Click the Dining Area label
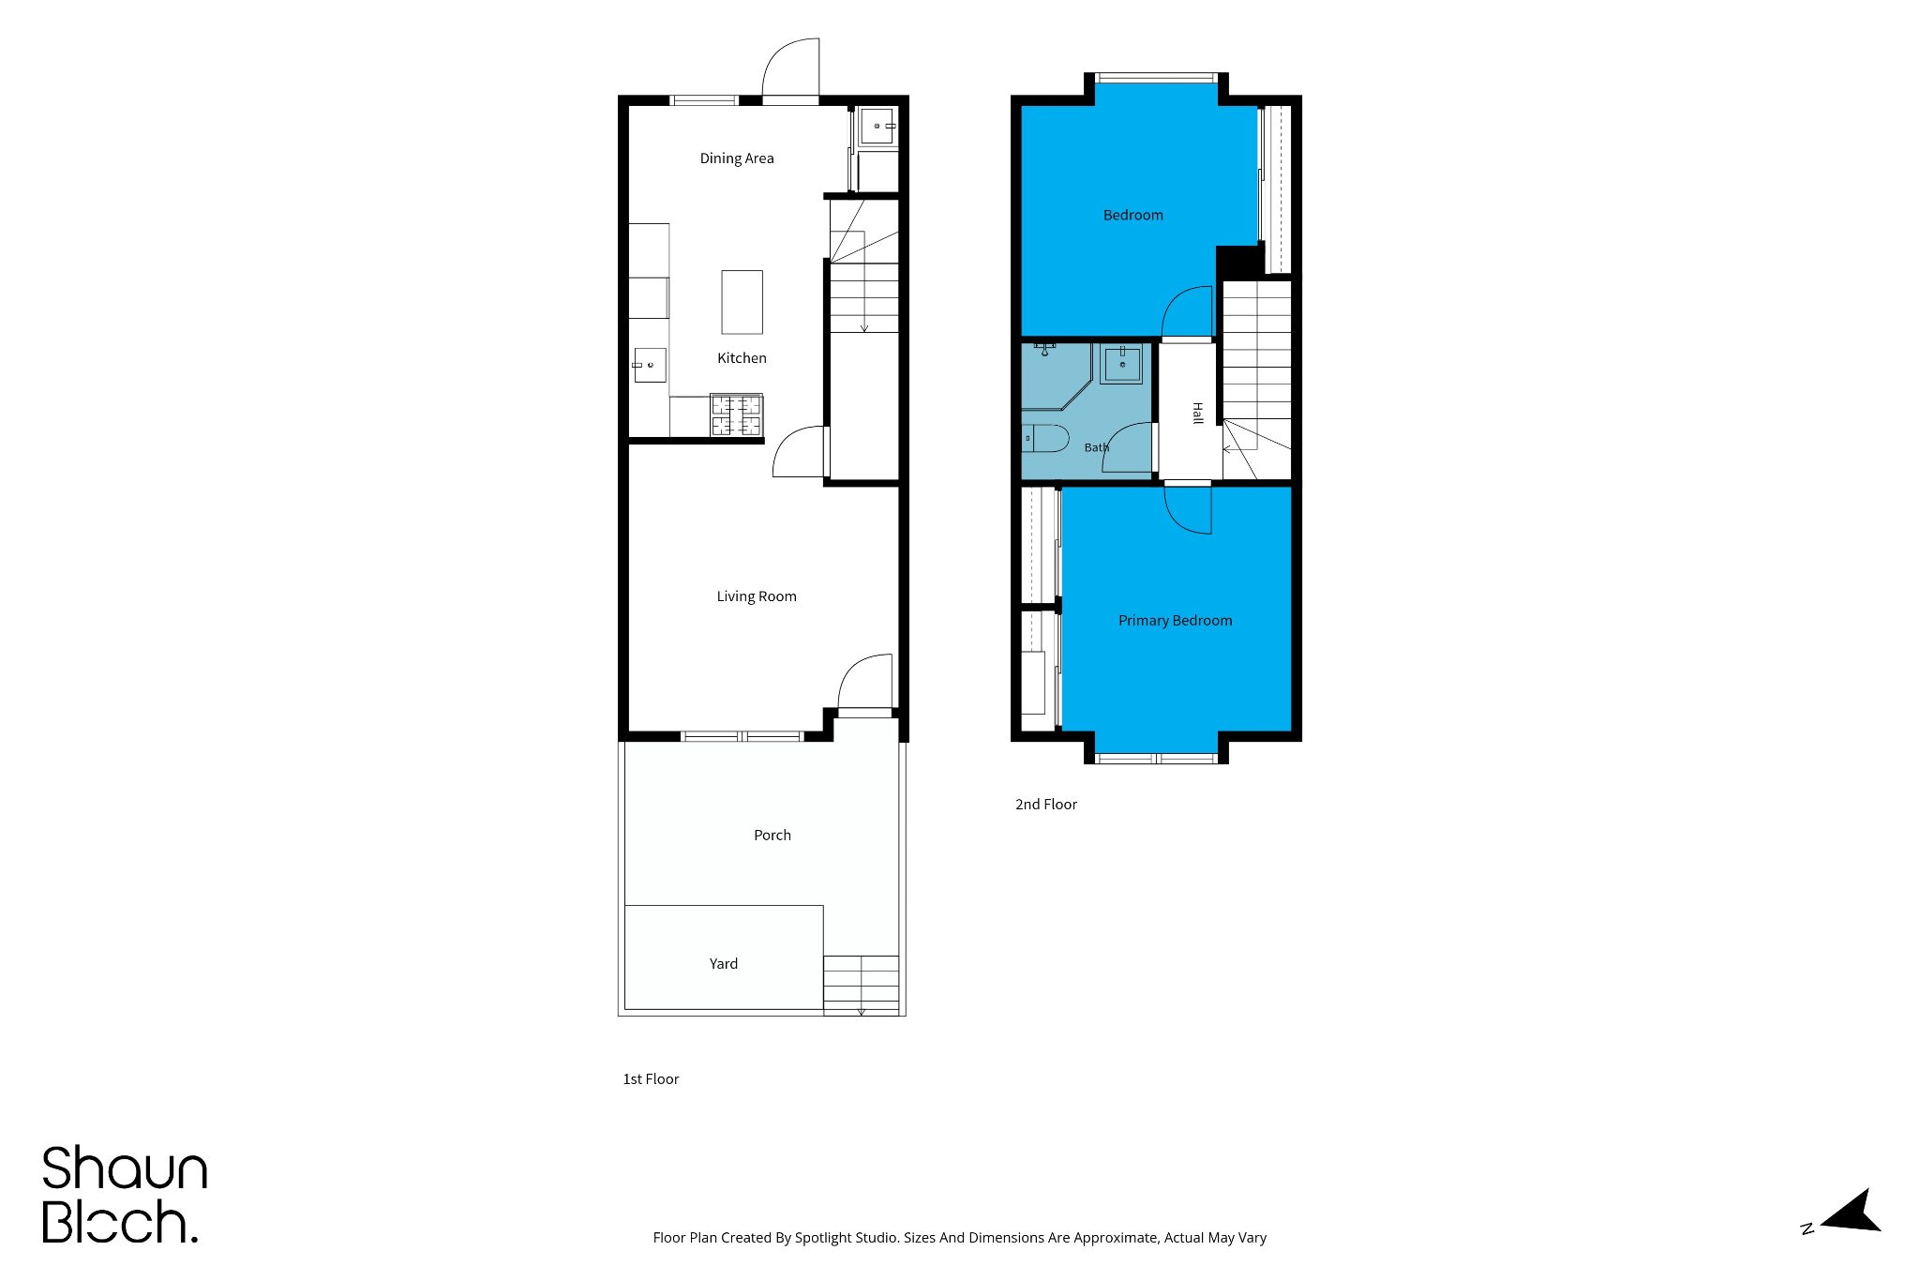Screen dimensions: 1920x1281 tap(737, 158)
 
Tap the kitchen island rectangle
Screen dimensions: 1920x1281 tap(742, 302)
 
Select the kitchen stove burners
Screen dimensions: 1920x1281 tap(737, 415)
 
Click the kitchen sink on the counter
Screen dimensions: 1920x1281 tap(650, 365)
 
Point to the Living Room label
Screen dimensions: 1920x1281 tap(757, 596)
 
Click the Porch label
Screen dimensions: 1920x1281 tap(772, 836)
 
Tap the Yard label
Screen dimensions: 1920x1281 tap(724, 964)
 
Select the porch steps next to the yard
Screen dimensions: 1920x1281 tap(862, 985)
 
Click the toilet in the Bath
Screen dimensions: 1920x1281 tap(1044, 438)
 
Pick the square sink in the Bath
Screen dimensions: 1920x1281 tap(1121, 364)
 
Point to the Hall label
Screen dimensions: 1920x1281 tap(1197, 413)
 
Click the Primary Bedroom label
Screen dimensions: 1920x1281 tap(1176, 621)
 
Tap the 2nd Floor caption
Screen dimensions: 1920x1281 tap(1046, 805)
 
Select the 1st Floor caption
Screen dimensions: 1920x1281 tap(651, 1079)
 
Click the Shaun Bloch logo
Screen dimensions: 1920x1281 tap(125, 1195)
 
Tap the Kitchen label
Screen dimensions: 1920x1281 tap(742, 358)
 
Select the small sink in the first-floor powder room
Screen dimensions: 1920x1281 tap(877, 126)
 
